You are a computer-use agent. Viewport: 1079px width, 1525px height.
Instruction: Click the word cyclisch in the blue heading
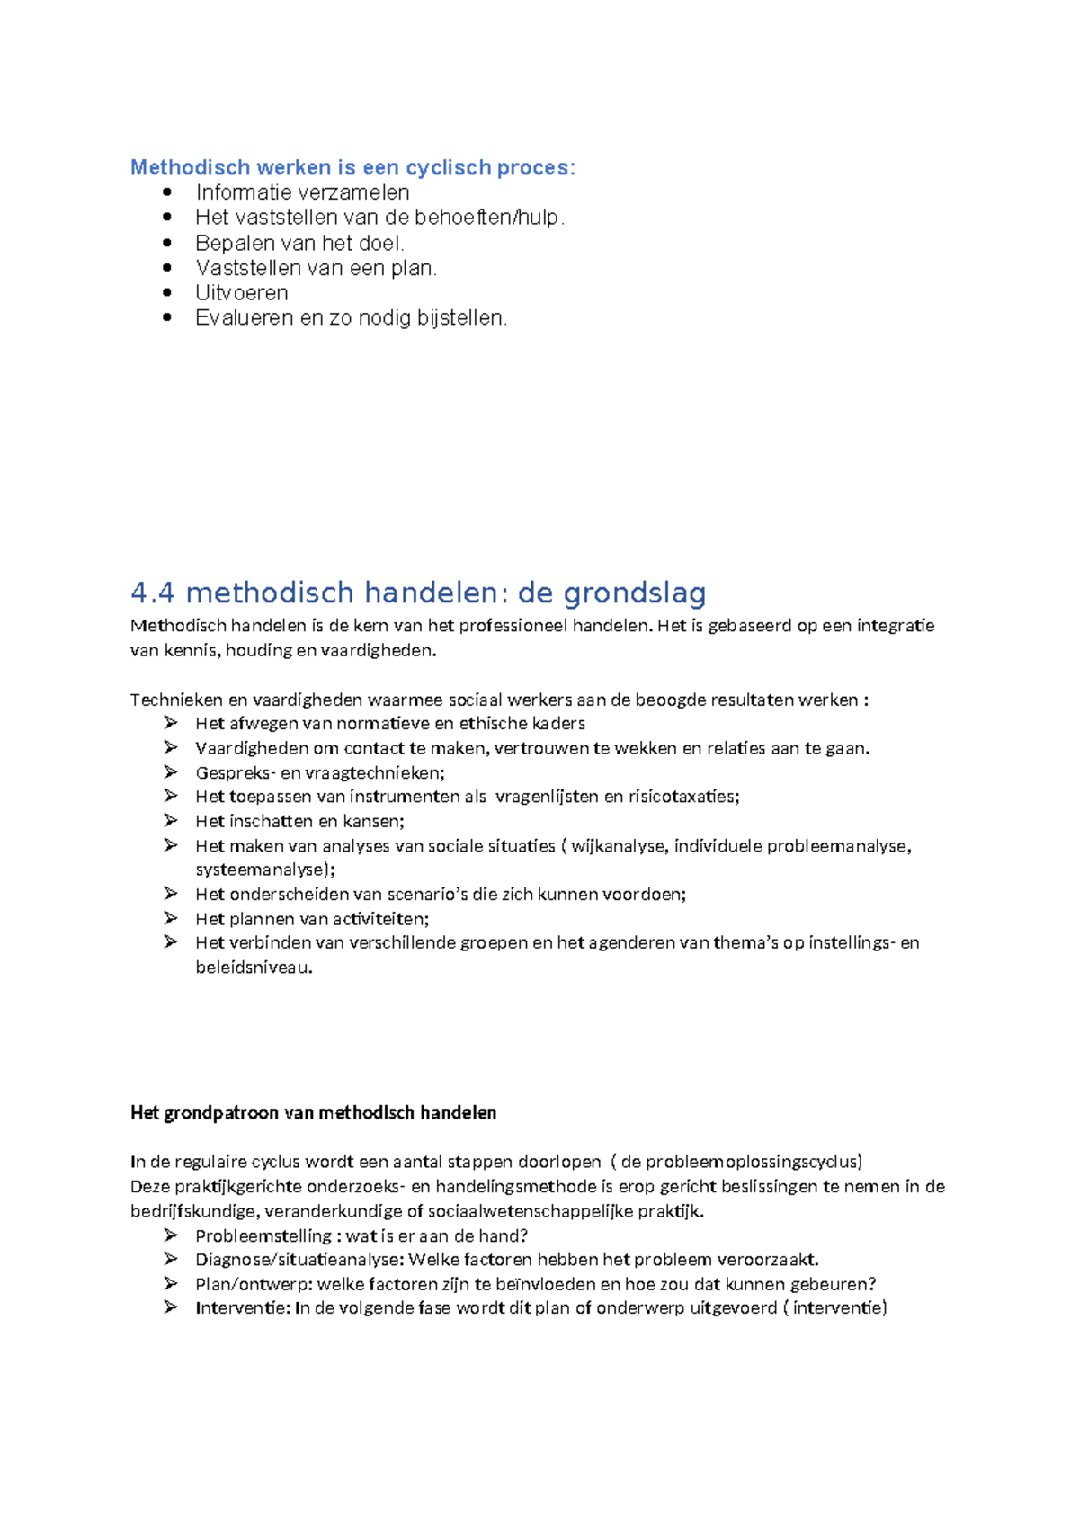pyautogui.click(x=448, y=168)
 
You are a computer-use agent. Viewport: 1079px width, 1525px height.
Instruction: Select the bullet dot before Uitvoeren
pyautogui.click(x=167, y=292)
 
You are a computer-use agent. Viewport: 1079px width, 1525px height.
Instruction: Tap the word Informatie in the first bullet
pyautogui.click(x=238, y=192)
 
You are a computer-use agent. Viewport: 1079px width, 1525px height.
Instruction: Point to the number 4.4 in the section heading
pyautogui.click(x=152, y=593)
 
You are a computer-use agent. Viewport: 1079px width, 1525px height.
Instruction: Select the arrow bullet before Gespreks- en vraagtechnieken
pyautogui.click(x=171, y=771)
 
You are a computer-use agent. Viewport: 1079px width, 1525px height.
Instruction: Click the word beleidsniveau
pyautogui.click(x=253, y=968)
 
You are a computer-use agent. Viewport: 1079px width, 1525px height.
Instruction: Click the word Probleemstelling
pyautogui.click(x=263, y=1236)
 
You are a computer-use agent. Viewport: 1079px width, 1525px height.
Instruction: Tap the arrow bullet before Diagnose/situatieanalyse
pyautogui.click(x=171, y=1259)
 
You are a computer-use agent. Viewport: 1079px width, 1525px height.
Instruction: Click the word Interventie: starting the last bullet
pyautogui.click(x=242, y=1308)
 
